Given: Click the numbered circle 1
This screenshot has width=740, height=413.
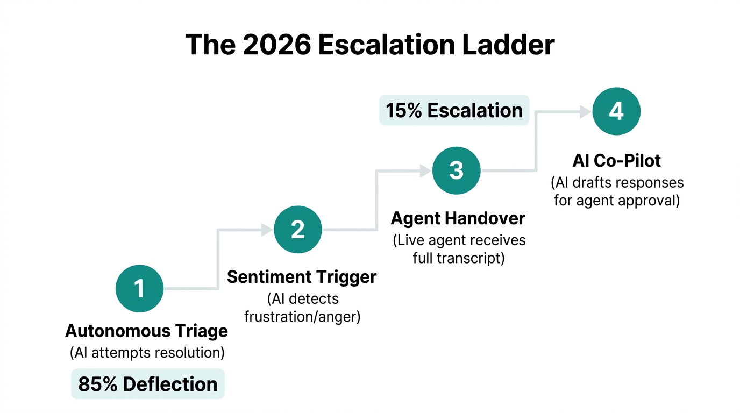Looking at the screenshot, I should (x=140, y=289).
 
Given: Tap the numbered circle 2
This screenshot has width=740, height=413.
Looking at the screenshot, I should (x=298, y=230).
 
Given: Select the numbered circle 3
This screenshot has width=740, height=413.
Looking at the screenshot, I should (x=456, y=170).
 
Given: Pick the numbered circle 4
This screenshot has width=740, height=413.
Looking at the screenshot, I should (x=616, y=111).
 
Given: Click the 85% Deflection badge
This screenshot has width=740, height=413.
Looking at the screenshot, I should (x=148, y=384).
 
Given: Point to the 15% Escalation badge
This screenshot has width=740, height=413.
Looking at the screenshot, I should (x=454, y=110).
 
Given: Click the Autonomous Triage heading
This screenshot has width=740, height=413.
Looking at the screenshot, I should (x=146, y=331).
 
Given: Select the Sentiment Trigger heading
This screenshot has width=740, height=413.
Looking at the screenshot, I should (x=302, y=277).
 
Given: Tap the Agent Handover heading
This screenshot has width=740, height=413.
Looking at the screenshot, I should (x=458, y=218).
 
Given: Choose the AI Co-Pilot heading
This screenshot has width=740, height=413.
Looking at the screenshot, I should (x=616, y=160).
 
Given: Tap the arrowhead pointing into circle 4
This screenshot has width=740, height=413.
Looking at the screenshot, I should (x=585, y=111).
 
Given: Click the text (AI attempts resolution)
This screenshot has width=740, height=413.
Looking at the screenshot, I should (x=147, y=353).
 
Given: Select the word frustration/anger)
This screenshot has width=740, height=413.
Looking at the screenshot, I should (x=302, y=316).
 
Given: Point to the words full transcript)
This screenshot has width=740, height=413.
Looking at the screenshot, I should (x=459, y=258).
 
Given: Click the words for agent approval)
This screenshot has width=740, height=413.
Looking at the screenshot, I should (x=616, y=201).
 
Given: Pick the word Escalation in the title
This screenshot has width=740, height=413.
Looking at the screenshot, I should (x=393, y=45).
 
